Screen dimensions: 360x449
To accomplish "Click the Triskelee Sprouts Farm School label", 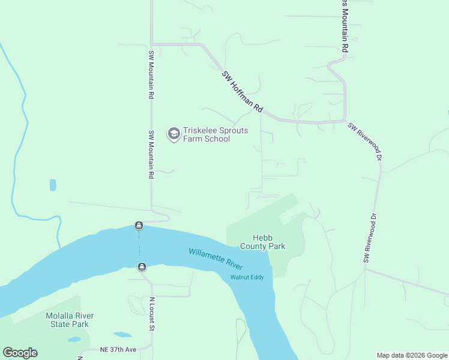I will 206,134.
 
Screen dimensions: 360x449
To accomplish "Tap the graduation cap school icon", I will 174,134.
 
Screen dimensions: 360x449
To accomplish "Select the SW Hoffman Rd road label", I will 243,92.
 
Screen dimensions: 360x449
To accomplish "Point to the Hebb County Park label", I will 262,242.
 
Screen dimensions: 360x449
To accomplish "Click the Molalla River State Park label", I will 70,320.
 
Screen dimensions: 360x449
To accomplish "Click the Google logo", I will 20,352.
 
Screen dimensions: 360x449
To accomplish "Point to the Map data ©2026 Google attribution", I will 412,355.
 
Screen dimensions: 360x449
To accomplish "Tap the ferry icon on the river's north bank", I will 139,226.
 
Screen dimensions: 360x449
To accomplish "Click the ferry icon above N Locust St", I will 142,267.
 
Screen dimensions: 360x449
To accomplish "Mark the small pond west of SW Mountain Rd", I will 53,185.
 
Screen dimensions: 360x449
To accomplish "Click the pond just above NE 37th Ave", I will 122,334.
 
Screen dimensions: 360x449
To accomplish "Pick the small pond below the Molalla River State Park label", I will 74,339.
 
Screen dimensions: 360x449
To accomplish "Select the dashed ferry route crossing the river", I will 140,246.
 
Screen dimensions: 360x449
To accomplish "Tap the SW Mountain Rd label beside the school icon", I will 151,155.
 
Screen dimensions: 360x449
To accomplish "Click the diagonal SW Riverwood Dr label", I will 366,140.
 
